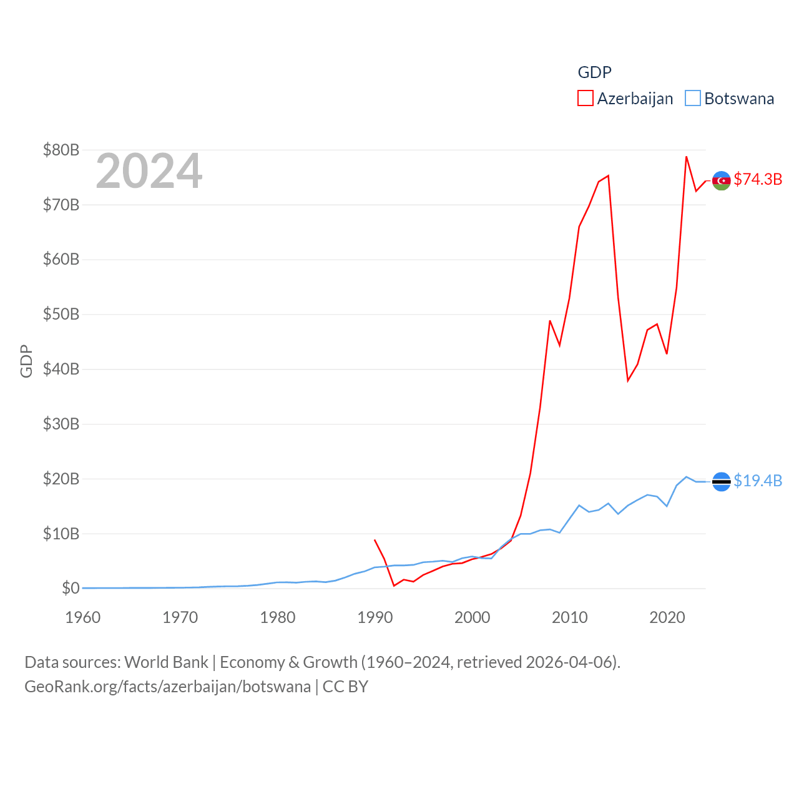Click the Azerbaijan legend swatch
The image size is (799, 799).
[586, 99]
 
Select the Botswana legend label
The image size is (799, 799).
[739, 99]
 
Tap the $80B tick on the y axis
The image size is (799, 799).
[61, 150]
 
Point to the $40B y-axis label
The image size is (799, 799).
[61, 369]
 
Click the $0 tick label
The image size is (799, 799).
[71, 588]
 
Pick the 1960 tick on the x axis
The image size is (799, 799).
[83, 617]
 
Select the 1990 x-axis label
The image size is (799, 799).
[375, 617]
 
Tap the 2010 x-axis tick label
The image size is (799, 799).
[570, 617]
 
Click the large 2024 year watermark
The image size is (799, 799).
[149, 171]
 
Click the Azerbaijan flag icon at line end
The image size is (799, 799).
[721, 180]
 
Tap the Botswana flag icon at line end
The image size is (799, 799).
[721, 481]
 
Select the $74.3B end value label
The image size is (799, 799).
[758, 179]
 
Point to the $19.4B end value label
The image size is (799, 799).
[758, 481]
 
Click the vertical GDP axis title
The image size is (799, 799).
[26, 361]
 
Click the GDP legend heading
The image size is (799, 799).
[594, 72]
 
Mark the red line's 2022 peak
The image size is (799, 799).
[686, 157]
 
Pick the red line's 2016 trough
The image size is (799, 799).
[628, 381]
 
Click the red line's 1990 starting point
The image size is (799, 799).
[375, 540]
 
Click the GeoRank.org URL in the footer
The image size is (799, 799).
[167, 687]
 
